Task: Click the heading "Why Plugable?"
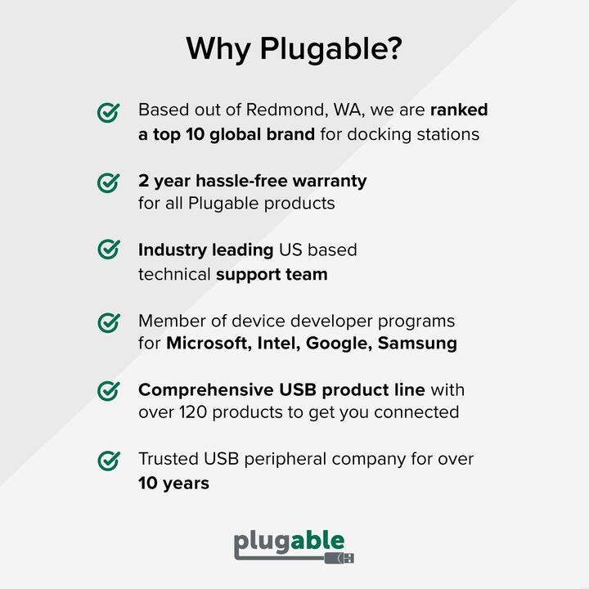click(x=294, y=49)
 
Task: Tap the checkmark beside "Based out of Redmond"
click(x=109, y=113)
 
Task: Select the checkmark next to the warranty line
click(x=109, y=182)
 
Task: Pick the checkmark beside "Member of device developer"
click(x=109, y=322)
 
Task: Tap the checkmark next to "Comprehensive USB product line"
click(x=109, y=391)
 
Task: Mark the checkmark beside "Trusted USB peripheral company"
click(x=109, y=461)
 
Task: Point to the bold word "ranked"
click(x=458, y=110)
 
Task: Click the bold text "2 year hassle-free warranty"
click(x=252, y=180)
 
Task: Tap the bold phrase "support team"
click(x=272, y=274)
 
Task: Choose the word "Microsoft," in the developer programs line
click(x=205, y=344)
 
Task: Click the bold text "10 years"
click(x=173, y=483)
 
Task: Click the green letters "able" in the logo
click(x=317, y=542)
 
